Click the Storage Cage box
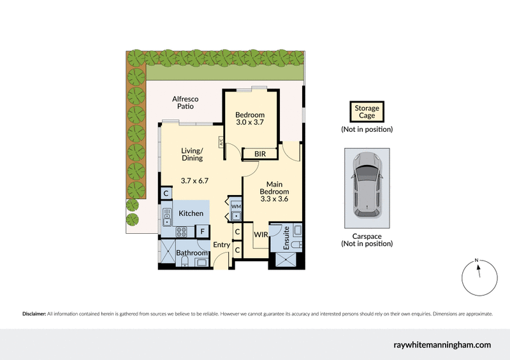click(367, 112)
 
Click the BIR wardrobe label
click(260, 154)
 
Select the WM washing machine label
click(236, 206)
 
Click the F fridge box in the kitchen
click(203, 231)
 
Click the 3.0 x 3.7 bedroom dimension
click(250, 122)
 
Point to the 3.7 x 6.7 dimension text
click(195, 181)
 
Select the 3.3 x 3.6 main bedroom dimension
click(275, 199)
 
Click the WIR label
click(260, 235)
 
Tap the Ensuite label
click(287, 238)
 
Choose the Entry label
click(222, 245)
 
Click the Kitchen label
click(191, 213)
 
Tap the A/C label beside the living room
click(221, 142)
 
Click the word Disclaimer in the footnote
click(34, 314)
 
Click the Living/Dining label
click(192, 154)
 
